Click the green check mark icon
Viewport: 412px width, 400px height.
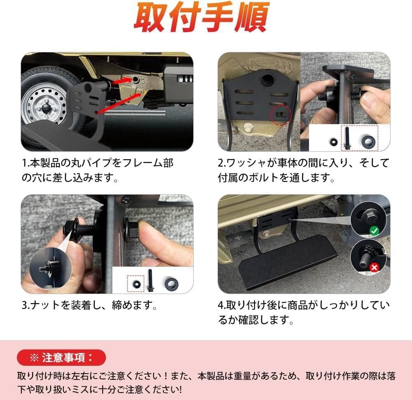click(374, 231)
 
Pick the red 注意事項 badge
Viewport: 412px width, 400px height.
click(61, 358)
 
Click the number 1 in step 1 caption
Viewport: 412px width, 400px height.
click(24, 163)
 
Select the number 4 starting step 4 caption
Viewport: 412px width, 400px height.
click(221, 306)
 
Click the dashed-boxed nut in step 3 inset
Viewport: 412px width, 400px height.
click(136, 283)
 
